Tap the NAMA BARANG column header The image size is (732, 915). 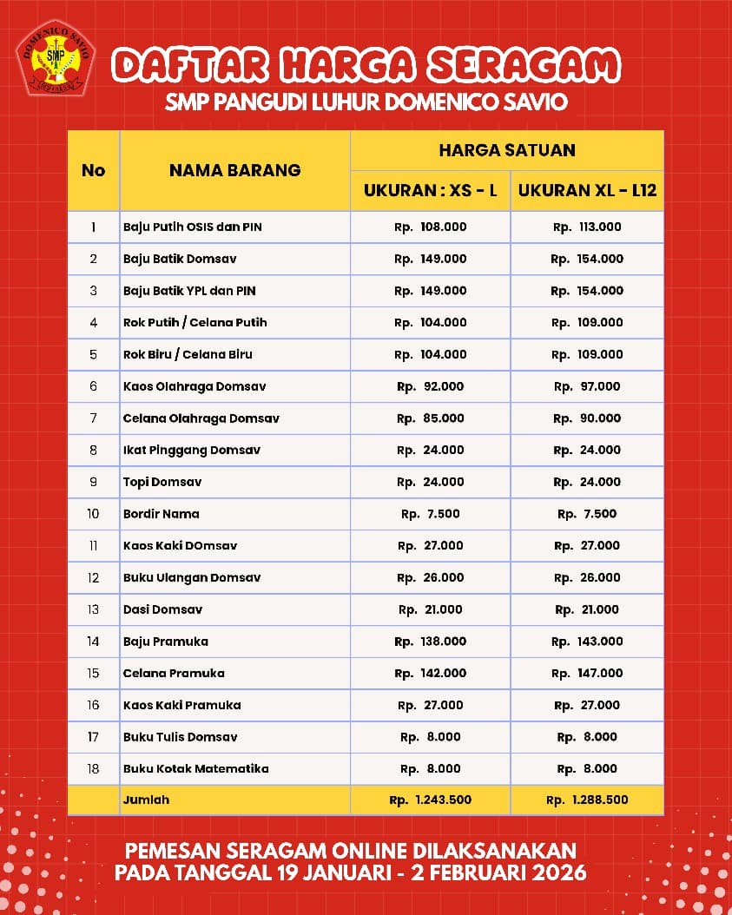point(234,170)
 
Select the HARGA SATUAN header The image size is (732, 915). point(507,150)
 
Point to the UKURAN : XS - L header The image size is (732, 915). point(430,190)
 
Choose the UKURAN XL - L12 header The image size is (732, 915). point(587,190)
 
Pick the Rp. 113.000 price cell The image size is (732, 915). point(587,227)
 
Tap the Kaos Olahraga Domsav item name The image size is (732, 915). point(195,386)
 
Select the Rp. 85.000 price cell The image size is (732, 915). point(430,418)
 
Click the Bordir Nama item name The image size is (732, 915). point(162,514)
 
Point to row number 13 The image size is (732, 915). point(93,609)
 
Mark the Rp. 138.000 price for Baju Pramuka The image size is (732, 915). point(430,642)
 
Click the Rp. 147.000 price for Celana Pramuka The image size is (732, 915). point(587,673)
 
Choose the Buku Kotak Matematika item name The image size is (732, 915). point(196,768)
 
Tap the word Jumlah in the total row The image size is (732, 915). point(147,800)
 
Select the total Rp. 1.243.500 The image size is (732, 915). point(430,800)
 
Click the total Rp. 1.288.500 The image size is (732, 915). point(587,800)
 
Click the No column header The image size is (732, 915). point(93,170)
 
